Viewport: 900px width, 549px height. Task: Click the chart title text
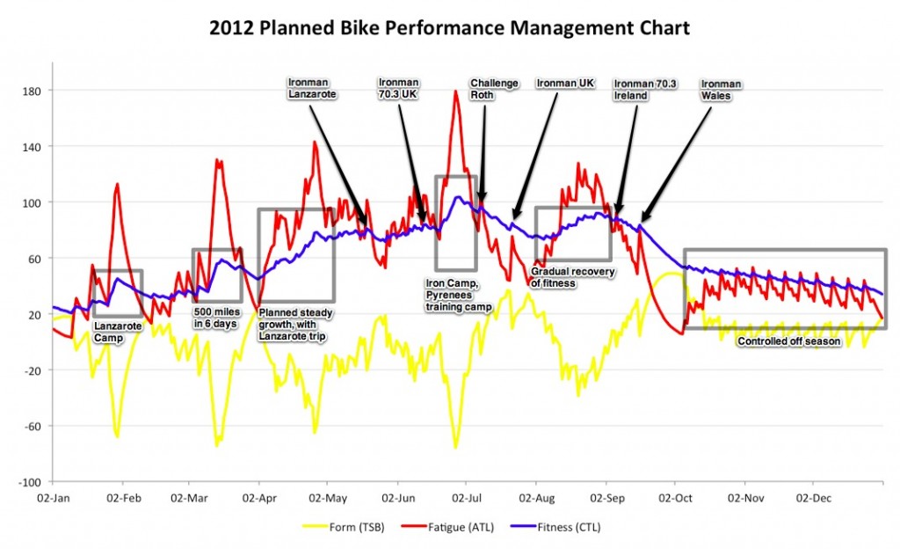click(449, 28)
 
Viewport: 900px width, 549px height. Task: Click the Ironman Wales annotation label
click(721, 90)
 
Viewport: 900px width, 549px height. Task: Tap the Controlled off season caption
click(789, 341)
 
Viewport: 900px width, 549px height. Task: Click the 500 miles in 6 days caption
click(214, 316)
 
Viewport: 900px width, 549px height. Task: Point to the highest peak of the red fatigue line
click(455, 91)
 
